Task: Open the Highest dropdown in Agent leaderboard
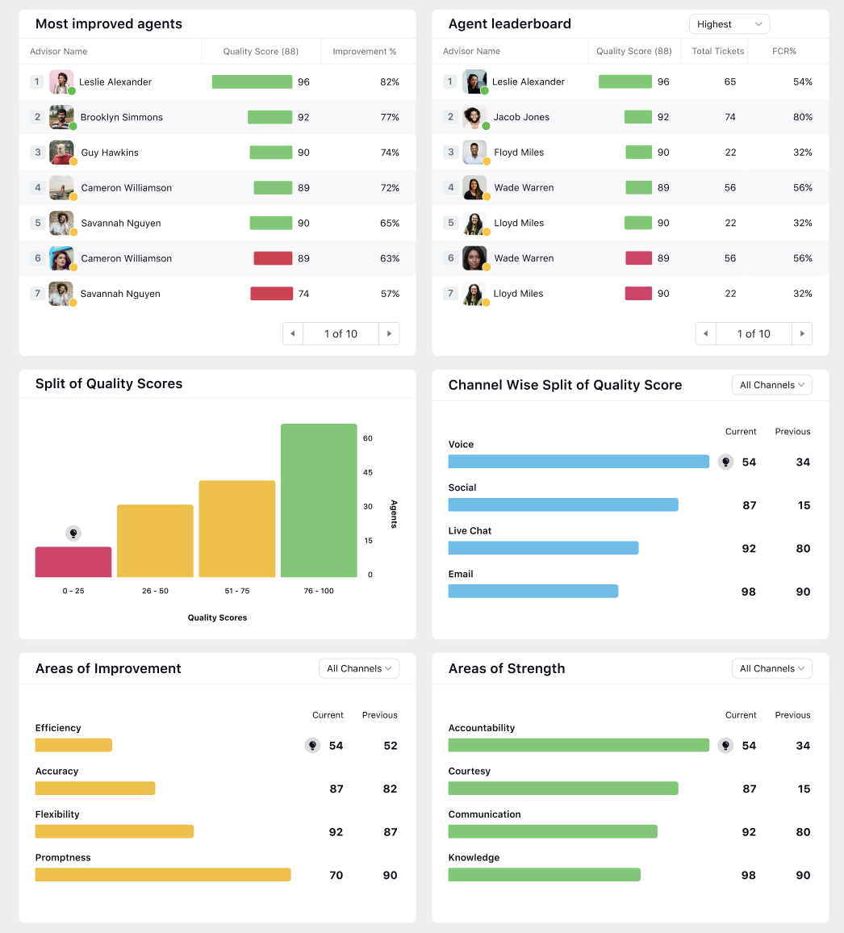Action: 729,24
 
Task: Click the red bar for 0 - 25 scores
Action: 73,562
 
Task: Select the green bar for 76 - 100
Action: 319,500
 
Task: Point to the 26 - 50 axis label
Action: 155,591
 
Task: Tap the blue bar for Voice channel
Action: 579,462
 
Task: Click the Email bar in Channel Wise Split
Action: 533,591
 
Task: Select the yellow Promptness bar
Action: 163,875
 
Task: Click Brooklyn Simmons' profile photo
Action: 61,117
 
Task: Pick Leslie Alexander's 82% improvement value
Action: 390,82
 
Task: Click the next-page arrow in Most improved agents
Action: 390,333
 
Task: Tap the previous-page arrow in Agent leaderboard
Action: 706,333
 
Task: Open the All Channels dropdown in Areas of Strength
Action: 771,668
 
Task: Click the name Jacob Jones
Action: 521,117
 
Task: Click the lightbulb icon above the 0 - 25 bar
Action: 73,533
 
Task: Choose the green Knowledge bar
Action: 544,875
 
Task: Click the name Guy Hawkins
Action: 110,153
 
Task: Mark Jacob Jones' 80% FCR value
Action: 802,117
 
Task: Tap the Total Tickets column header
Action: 717,52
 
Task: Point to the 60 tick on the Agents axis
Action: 368,438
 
